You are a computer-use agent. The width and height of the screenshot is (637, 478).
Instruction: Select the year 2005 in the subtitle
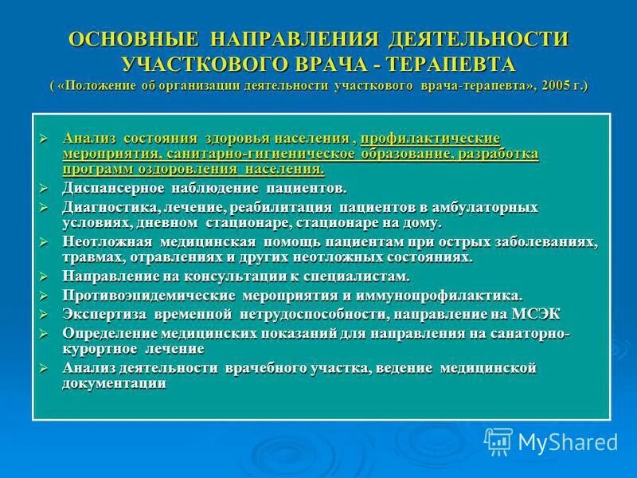coord(545,86)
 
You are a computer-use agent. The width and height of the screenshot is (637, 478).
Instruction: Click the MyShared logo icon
coord(498,441)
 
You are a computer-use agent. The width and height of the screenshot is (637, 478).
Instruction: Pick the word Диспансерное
coord(111,189)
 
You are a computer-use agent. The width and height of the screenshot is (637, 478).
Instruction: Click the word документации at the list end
coord(114,383)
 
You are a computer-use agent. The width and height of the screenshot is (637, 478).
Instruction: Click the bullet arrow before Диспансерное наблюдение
coord(45,189)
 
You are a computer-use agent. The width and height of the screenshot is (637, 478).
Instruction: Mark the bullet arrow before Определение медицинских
coord(45,333)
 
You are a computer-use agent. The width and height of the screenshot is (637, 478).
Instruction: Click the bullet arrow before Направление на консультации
coord(45,276)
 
